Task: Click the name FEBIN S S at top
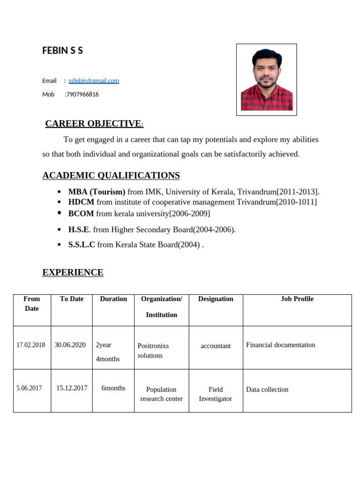pos(62,51)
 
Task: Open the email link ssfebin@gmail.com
pos(94,81)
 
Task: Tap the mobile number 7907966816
pos(82,94)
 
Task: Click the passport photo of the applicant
pos(266,80)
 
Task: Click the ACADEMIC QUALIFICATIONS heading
pos(111,176)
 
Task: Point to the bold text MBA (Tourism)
pos(97,192)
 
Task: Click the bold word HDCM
pos(81,202)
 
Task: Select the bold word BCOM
pos(81,214)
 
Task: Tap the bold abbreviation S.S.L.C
pos(82,245)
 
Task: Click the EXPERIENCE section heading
pos(73,272)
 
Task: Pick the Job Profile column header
pos(297,299)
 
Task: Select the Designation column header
pos(216,299)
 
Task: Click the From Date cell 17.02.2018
pos(31,345)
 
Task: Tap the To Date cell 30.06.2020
pos(70,345)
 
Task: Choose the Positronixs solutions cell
pos(153,351)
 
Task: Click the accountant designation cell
pos(216,346)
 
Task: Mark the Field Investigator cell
pos(215,394)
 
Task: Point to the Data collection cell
pos(267,390)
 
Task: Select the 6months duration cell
pos(113,388)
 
